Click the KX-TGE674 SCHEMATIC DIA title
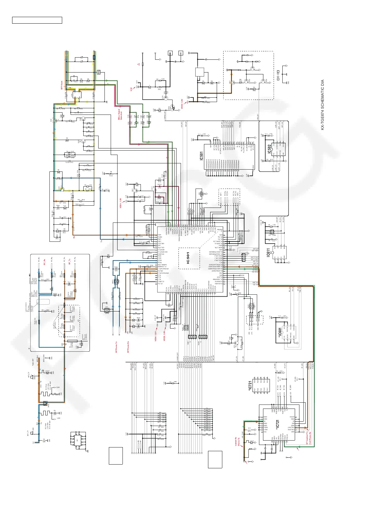coord(322,105)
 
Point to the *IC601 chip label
coord(280,333)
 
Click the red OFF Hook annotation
coord(62,85)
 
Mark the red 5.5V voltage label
coord(131,89)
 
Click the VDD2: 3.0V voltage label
coord(182,103)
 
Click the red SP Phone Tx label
coord(116,347)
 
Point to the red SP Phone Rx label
coord(128,347)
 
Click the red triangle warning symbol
coord(139,64)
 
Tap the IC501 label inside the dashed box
coord(188,258)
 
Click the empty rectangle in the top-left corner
coord(37,20)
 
